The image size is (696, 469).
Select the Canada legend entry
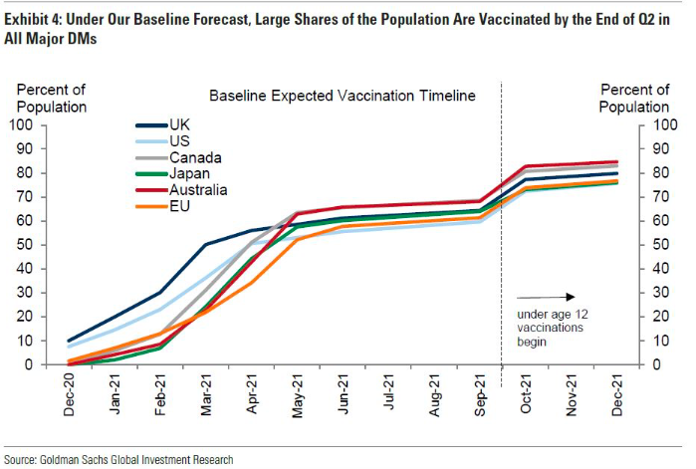coord(195,157)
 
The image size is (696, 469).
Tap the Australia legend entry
coord(199,189)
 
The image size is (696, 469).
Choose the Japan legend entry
coord(189,173)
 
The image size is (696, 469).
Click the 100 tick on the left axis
coord(21,124)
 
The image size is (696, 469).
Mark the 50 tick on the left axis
coord(25,244)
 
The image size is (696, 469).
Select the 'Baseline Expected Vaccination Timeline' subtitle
coord(343,96)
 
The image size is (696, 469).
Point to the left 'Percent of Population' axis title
coord(52,99)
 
